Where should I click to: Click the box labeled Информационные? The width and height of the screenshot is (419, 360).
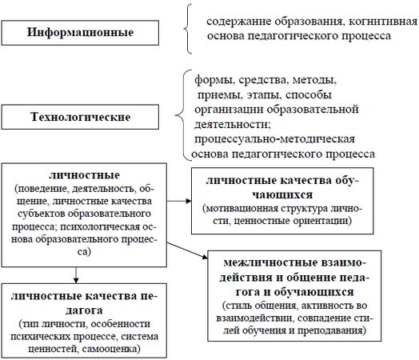(x=78, y=34)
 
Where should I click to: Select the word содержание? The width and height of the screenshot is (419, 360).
(x=237, y=19)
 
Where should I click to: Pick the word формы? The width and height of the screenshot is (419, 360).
(x=210, y=81)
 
